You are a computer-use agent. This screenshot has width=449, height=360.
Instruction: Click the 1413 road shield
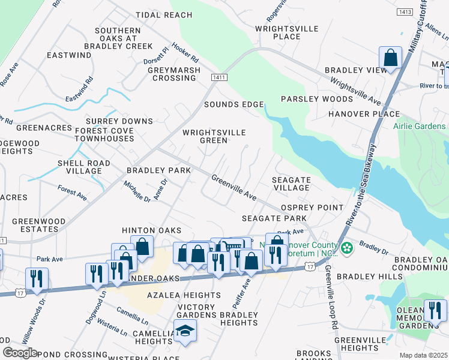click(405, 11)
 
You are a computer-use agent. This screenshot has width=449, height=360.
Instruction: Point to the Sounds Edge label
click(234, 104)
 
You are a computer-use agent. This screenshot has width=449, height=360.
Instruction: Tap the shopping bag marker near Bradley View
click(390, 58)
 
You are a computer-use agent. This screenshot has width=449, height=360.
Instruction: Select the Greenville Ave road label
click(234, 187)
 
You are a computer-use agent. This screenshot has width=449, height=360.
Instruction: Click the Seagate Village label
click(291, 184)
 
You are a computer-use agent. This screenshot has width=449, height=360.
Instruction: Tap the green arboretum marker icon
click(346, 247)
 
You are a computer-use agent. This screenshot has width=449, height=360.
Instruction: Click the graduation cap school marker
click(185, 331)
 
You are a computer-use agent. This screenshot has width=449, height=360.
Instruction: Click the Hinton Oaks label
click(148, 230)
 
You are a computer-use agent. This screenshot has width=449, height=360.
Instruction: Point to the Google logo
click(20, 353)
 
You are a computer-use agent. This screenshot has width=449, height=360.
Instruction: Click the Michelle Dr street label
click(137, 191)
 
